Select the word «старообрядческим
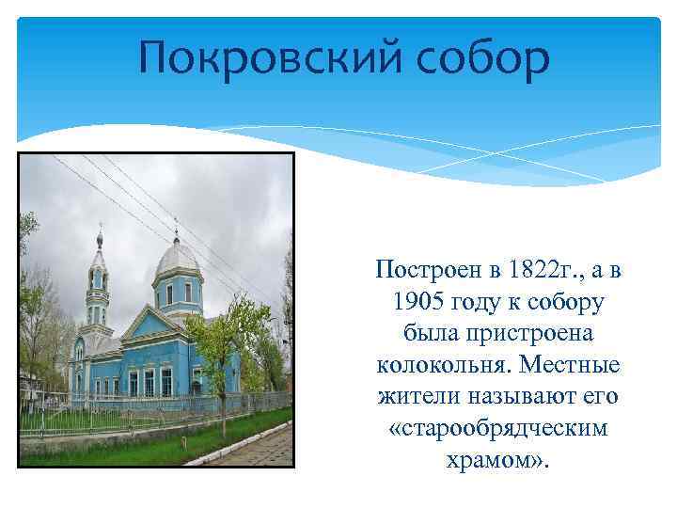click(497, 428)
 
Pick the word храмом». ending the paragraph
click(497, 460)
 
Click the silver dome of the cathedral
click(176, 256)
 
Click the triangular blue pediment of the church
click(150, 325)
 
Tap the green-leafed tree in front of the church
click(225, 329)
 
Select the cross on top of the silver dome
click(176, 226)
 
